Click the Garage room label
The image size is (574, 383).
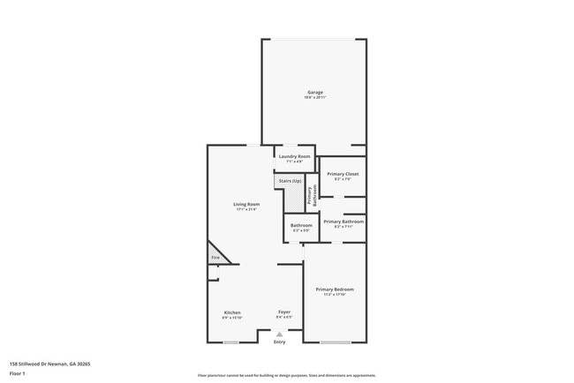(x=314, y=92)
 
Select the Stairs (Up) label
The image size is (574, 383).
(x=290, y=181)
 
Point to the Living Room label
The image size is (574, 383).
(x=246, y=204)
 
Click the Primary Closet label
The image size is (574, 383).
(x=342, y=175)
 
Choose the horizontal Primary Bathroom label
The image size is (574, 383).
(x=343, y=222)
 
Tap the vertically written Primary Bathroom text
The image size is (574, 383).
(x=310, y=195)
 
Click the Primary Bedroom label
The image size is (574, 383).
(x=335, y=289)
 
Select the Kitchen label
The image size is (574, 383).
(x=232, y=312)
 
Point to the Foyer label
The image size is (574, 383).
(x=284, y=312)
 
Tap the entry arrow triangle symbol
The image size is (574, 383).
(x=280, y=334)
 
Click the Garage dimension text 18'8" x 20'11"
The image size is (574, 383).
(x=314, y=97)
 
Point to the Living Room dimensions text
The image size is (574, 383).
(x=246, y=209)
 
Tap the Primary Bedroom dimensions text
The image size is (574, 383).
(x=335, y=295)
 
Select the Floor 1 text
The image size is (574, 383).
(x=19, y=373)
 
